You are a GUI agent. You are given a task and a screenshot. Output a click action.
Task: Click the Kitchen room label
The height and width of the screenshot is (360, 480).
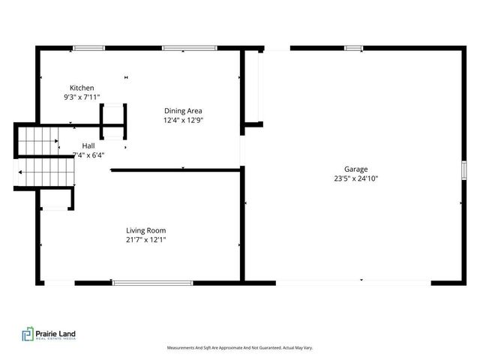(82, 88)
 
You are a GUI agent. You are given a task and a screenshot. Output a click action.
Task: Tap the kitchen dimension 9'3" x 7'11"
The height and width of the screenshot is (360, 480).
(82, 97)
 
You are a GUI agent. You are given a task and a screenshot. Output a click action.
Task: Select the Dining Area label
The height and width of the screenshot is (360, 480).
(183, 111)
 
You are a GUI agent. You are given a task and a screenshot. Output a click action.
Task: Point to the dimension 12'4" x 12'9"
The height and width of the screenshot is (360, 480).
(183, 121)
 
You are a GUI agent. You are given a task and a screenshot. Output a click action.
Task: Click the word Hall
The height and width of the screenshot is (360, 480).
(88, 146)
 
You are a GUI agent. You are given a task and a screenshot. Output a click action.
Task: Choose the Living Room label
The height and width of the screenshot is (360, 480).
(146, 230)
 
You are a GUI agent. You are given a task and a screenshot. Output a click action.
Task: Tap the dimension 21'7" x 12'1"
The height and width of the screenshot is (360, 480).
(146, 240)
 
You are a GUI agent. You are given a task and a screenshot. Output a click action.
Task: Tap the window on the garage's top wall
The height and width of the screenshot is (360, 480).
(353, 49)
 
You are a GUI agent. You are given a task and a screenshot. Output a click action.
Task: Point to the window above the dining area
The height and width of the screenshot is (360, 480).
(184, 49)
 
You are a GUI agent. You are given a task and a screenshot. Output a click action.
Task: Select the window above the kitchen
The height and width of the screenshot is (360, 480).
(88, 49)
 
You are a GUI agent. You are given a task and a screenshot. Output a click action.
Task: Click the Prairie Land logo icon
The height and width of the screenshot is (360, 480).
(28, 334)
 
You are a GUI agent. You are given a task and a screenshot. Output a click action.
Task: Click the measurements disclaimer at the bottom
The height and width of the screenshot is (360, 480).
(239, 348)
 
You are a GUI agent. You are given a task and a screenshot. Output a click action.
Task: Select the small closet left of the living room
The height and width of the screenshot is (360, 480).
(56, 198)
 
